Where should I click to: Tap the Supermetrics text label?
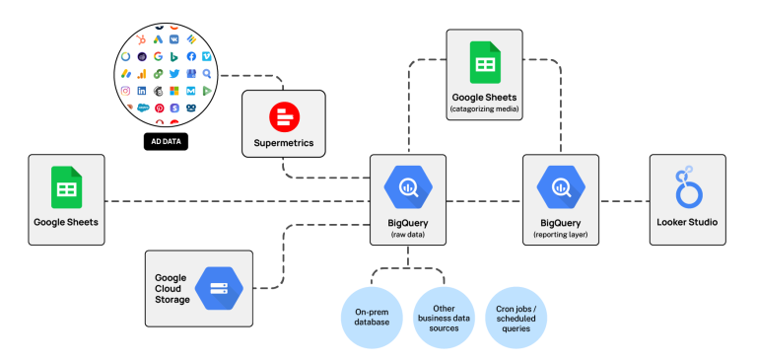pyautogui.click(x=283, y=144)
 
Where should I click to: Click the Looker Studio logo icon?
pyautogui.click(x=687, y=187)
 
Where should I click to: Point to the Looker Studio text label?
pyautogui.click(x=687, y=222)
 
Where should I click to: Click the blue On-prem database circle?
pyautogui.click(x=372, y=317)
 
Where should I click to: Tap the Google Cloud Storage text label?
pyautogui.click(x=172, y=289)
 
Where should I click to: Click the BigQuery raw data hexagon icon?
pyautogui.click(x=407, y=186)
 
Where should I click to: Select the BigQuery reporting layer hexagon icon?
pyautogui.click(x=560, y=186)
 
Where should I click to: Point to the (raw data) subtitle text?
pyautogui.click(x=407, y=236)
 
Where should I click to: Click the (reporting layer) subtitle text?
pyautogui.click(x=560, y=236)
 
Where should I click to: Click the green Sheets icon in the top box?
pyautogui.click(x=484, y=62)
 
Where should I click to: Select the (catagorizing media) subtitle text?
pyautogui.click(x=484, y=109)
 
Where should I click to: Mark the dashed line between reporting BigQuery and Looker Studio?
pyautogui.click(x=622, y=201)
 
